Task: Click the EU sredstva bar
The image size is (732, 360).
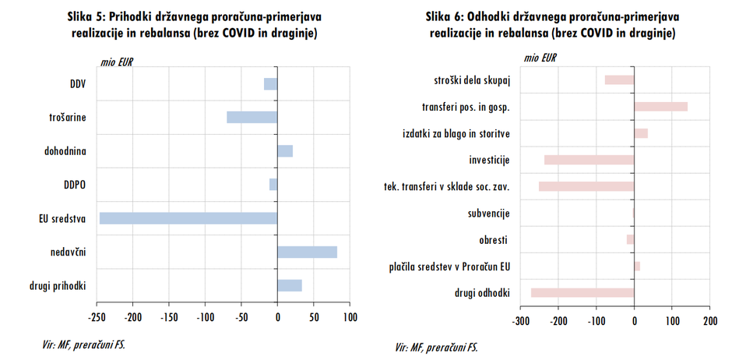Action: coord(188,218)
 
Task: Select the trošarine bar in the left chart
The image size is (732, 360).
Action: coord(252,117)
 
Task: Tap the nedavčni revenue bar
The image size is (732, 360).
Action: coord(307,252)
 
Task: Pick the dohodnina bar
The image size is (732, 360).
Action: coord(285,151)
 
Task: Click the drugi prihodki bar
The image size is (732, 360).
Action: coord(290,285)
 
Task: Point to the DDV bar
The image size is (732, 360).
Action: coord(270,83)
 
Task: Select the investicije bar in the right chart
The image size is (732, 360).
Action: coord(589,160)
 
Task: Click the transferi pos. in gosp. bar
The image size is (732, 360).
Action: coord(660,107)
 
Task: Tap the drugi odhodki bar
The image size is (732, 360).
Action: coord(582,292)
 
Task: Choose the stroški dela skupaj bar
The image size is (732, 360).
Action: coord(619,79)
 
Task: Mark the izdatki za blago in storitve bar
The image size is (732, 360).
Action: coord(641,133)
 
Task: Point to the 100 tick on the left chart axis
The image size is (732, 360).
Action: coord(349,317)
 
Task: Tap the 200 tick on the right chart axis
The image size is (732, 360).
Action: coord(709,320)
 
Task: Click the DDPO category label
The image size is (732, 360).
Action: coord(74,184)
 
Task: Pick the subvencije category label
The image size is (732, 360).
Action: coord(488,213)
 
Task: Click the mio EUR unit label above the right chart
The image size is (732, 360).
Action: coord(539,58)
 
